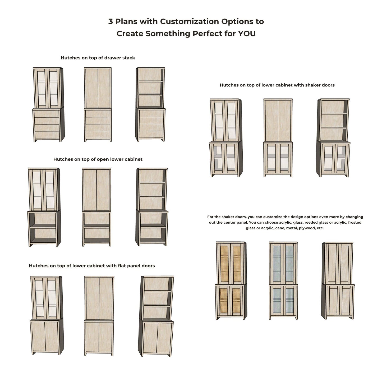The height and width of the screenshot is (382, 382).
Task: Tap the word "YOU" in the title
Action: click(x=247, y=34)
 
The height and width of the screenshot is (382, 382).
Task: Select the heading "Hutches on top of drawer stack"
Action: click(x=98, y=58)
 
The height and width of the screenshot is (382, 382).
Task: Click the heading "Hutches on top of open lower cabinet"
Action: click(x=98, y=159)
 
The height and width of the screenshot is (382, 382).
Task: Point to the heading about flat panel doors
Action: click(x=92, y=266)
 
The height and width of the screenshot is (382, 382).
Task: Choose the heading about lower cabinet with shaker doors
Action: click(x=277, y=85)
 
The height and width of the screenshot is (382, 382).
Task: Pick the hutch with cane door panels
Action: click(x=231, y=280)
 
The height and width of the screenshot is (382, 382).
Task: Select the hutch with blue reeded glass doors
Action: click(x=283, y=280)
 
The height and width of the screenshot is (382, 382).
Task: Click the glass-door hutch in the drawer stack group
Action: click(x=48, y=104)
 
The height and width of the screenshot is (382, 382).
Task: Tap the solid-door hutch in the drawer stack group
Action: click(x=98, y=104)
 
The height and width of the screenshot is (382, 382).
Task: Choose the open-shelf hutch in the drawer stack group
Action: click(x=150, y=104)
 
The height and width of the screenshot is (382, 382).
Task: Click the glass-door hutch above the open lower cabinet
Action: click(x=44, y=207)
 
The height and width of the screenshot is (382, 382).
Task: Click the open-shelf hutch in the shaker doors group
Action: click(x=334, y=137)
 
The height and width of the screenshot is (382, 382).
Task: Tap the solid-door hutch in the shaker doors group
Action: click(x=278, y=137)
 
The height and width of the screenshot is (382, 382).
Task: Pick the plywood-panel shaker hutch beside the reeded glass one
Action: click(x=338, y=280)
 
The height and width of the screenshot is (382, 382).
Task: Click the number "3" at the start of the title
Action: click(x=111, y=21)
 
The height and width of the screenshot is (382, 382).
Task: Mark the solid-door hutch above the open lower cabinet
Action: click(x=96, y=207)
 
